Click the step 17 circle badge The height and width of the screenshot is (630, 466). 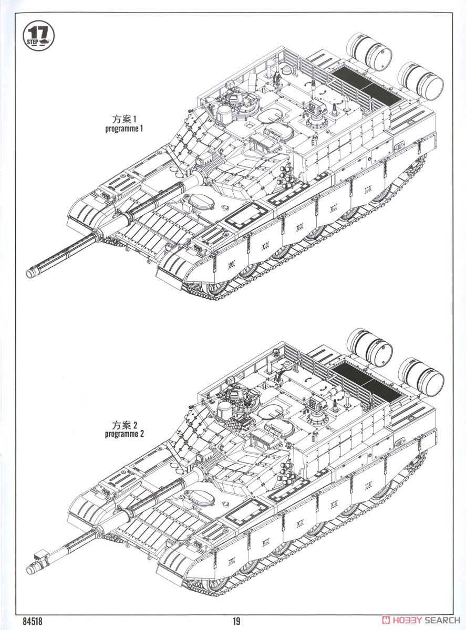38,36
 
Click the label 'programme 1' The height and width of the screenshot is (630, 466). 124,129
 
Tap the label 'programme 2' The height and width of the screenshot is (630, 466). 124,434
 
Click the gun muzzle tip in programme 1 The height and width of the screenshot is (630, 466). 30,273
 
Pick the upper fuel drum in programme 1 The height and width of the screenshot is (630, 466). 369,51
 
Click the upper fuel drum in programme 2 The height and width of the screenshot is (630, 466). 369,347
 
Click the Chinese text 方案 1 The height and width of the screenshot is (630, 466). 124,119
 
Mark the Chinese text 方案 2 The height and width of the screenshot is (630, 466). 124,425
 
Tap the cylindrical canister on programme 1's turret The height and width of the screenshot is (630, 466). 224,113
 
